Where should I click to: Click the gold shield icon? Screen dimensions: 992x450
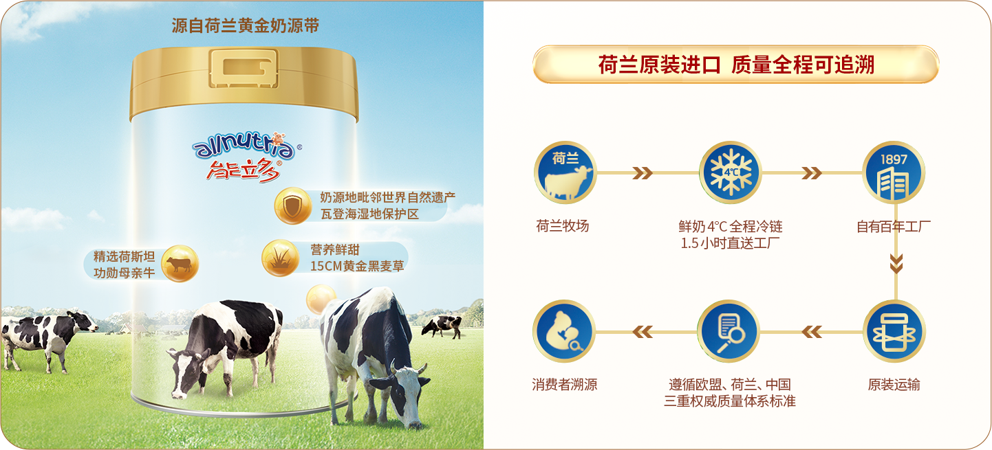click(293, 205)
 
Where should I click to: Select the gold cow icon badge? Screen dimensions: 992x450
click(180, 264)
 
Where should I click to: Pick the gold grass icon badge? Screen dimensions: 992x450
click(280, 258)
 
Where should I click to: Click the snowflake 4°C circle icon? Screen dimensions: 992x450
click(731, 172)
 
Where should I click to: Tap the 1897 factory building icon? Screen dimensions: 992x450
click(894, 172)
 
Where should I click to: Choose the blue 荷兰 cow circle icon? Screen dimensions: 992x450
click(565, 172)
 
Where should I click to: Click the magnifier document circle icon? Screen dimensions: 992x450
click(729, 331)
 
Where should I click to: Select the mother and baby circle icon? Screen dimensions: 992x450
click(563, 331)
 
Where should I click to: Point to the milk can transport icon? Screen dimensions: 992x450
click(894, 331)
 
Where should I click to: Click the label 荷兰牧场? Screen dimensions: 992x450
click(563, 226)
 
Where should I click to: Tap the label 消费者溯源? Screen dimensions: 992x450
click(565, 385)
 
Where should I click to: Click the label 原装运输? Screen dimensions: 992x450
click(894, 385)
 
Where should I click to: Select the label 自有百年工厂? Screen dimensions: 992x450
click(894, 227)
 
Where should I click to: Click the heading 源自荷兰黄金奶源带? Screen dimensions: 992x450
click(246, 25)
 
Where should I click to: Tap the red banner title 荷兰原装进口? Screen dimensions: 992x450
click(660, 65)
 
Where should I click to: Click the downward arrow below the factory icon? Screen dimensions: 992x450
click(896, 264)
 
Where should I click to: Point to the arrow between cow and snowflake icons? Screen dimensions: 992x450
click(643, 173)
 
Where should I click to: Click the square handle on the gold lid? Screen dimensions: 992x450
click(244, 68)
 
